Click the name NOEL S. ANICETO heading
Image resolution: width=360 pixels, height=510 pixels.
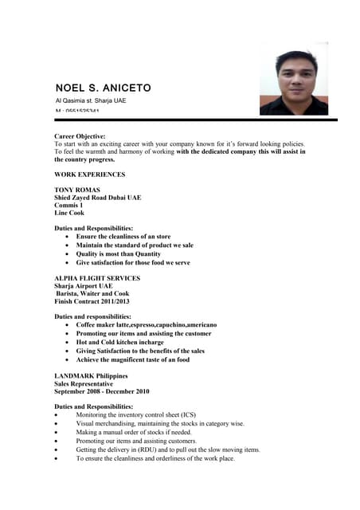(x=103, y=87)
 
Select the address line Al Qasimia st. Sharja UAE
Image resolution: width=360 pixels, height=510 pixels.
(x=90, y=101)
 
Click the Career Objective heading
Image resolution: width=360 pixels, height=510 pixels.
(x=80, y=136)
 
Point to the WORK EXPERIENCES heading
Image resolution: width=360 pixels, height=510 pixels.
(x=89, y=174)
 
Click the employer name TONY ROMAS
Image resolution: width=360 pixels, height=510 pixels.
(x=77, y=190)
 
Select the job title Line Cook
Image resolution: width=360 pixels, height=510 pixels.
(x=69, y=213)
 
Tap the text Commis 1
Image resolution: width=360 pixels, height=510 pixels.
(x=68, y=205)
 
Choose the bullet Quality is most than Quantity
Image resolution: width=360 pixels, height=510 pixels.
(x=118, y=254)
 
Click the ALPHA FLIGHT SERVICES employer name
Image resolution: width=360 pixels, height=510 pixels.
(x=97, y=278)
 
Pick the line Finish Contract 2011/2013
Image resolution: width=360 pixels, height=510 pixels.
(x=92, y=301)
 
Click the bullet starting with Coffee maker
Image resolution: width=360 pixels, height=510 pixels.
(x=146, y=325)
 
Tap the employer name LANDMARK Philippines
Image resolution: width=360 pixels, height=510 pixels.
(x=91, y=375)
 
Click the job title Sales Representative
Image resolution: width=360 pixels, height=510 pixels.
(x=84, y=383)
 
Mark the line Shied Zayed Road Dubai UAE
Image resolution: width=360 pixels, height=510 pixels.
(x=97, y=197)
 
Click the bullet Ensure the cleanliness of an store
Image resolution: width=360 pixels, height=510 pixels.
(x=123, y=237)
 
